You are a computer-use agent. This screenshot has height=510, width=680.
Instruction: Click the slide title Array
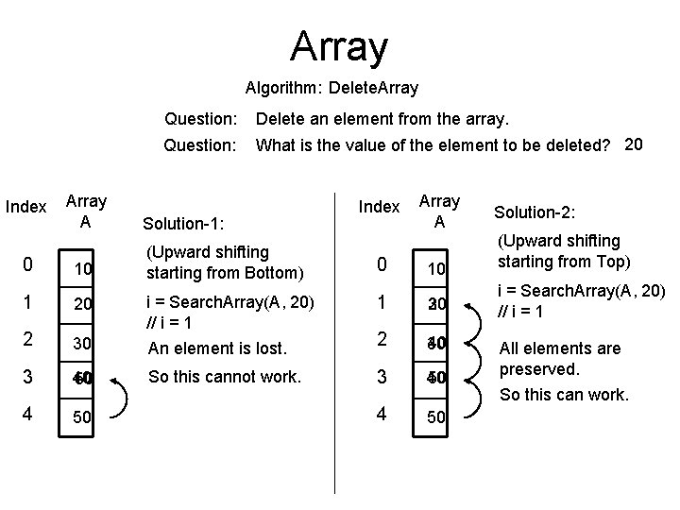(x=339, y=45)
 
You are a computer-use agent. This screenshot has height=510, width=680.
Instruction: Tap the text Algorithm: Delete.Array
(x=331, y=89)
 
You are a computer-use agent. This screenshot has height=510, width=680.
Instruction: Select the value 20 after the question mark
(x=635, y=144)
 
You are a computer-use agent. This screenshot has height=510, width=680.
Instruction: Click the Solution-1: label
(x=183, y=224)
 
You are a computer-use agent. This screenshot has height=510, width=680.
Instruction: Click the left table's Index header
(x=26, y=207)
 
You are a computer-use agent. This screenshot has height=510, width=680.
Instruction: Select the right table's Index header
(x=381, y=207)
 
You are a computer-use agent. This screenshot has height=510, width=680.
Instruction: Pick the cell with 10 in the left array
(x=83, y=269)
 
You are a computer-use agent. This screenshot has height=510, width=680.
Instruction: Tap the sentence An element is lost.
(x=216, y=348)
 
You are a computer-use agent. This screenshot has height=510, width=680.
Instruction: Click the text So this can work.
(x=564, y=394)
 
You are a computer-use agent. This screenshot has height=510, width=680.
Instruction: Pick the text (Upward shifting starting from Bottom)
(x=223, y=263)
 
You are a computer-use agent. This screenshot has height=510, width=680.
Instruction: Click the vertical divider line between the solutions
(x=333, y=378)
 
